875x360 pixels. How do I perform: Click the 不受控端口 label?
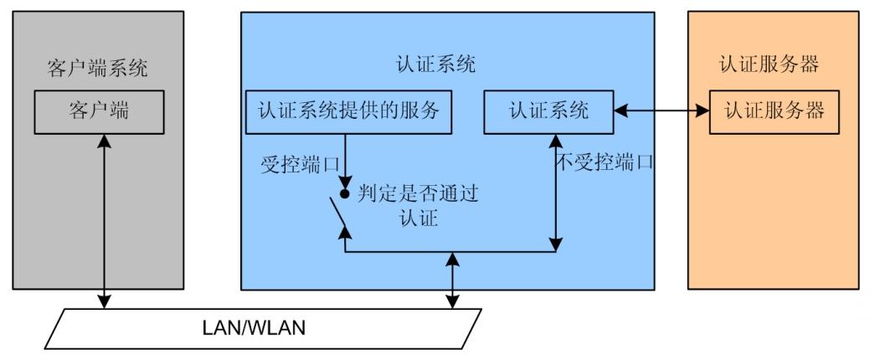click(604, 162)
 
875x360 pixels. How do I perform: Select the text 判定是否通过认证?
click(419, 206)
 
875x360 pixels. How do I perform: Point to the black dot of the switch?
click(344, 193)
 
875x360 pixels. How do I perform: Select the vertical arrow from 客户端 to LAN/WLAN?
click(105, 218)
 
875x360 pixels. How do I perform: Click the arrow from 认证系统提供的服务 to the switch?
click(346, 159)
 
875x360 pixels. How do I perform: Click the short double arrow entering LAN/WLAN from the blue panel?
click(453, 280)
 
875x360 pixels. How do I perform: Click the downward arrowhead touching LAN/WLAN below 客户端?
click(105, 302)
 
